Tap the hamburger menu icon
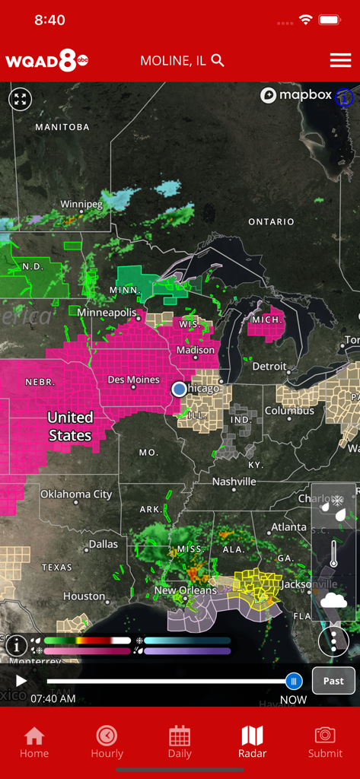pos(340,61)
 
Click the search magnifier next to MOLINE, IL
pos(218,61)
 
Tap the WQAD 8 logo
pos(46,61)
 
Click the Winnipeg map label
pos(81,205)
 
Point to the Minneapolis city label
pos(107,313)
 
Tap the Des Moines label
pos(133,380)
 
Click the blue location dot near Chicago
pos(179,389)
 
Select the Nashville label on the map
pos(234,482)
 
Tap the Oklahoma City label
pos(76,494)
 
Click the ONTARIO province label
pos(271,221)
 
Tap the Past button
pos(333,681)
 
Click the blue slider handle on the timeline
pos(294,681)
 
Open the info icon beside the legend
pos(16,645)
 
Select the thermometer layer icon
pos(333,554)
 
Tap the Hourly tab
pos(107,742)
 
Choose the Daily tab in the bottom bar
pos(180,742)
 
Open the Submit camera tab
pos(325,742)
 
